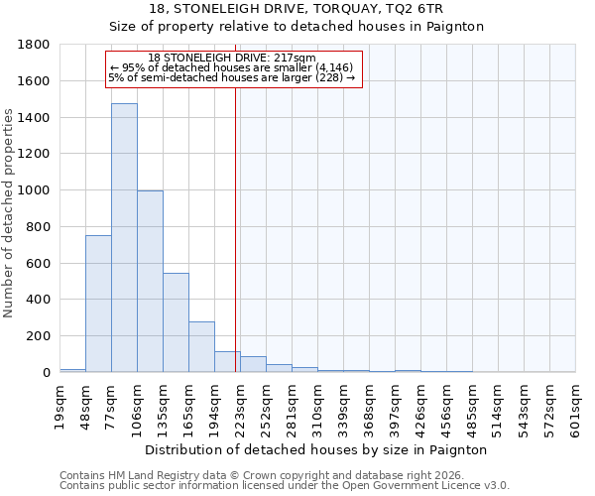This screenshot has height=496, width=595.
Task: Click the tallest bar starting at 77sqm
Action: [x=124, y=238]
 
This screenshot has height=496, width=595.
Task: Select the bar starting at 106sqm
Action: [x=150, y=282]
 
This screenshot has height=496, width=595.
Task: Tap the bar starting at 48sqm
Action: [x=98, y=304]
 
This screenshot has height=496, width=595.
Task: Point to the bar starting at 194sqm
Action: [x=227, y=362]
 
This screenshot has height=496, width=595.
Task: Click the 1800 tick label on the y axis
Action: [x=35, y=45]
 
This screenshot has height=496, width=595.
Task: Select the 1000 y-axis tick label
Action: [x=35, y=190]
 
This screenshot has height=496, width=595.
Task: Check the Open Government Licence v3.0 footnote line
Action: [x=285, y=486]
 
